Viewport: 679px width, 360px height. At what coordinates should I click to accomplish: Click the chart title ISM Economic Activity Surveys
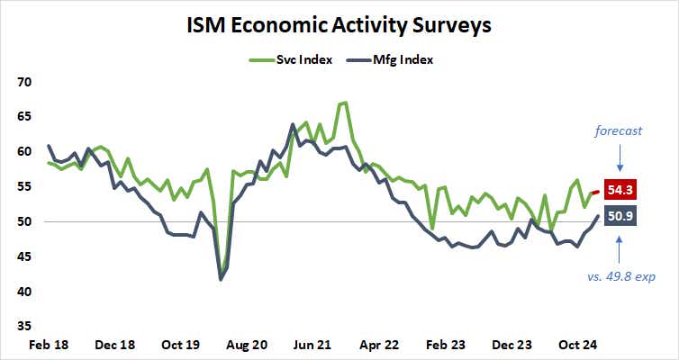[x=339, y=24]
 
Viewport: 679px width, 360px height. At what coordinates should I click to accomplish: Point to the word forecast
[x=618, y=131]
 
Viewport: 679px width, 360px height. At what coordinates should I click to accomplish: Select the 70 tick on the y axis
[x=25, y=82]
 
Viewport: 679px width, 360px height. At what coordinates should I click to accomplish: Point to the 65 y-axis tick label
[x=25, y=117]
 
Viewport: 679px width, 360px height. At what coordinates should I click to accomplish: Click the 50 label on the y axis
[x=25, y=221]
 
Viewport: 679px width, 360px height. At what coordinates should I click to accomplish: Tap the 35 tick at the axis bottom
[x=25, y=327]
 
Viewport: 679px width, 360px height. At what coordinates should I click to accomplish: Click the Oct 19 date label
[x=180, y=344]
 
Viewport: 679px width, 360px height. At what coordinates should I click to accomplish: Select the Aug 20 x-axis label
[x=248, y=344]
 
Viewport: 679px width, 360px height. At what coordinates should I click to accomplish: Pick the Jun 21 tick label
[x=314, y=344]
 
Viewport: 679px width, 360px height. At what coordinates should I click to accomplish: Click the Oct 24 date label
[x=581, y=344]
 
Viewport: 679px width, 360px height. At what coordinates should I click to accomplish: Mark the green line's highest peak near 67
[x=345, y=103]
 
